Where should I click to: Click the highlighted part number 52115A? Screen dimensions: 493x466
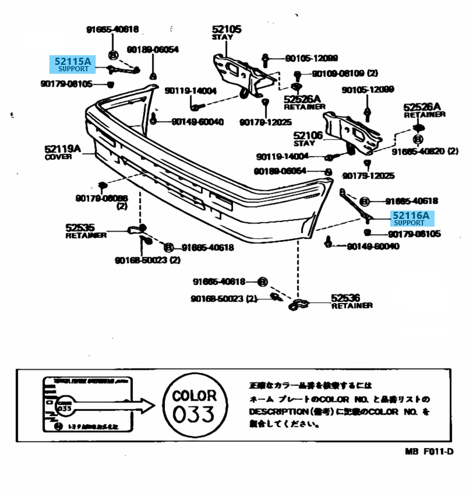[72, 62]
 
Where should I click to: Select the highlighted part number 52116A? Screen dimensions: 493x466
[411, 216]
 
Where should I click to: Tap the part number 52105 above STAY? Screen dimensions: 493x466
[227, 29]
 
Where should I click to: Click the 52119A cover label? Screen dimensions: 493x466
[63, 150]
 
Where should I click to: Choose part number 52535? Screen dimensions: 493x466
[80, 227]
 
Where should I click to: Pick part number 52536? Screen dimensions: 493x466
[345, 298]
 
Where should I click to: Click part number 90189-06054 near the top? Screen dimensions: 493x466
[153, 49]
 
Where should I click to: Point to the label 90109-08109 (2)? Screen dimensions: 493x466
[345, 73]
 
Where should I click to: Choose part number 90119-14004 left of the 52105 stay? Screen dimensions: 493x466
[191, 91]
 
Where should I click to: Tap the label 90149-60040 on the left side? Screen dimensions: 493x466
[198, 122]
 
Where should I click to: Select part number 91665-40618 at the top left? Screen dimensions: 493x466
[112, 30]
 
